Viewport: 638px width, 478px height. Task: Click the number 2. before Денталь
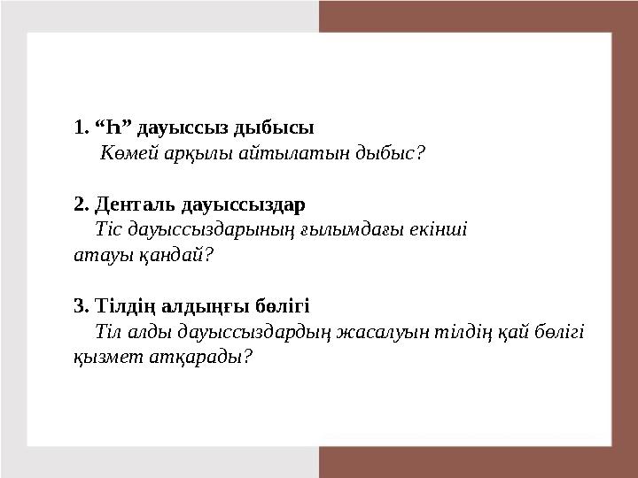[81, 204]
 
